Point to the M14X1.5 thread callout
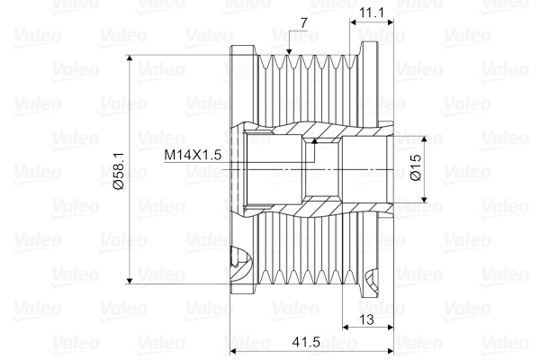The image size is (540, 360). coord(192,155)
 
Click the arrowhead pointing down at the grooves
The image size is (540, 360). coord(288,52)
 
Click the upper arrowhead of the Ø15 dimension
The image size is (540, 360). coord(427,141)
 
